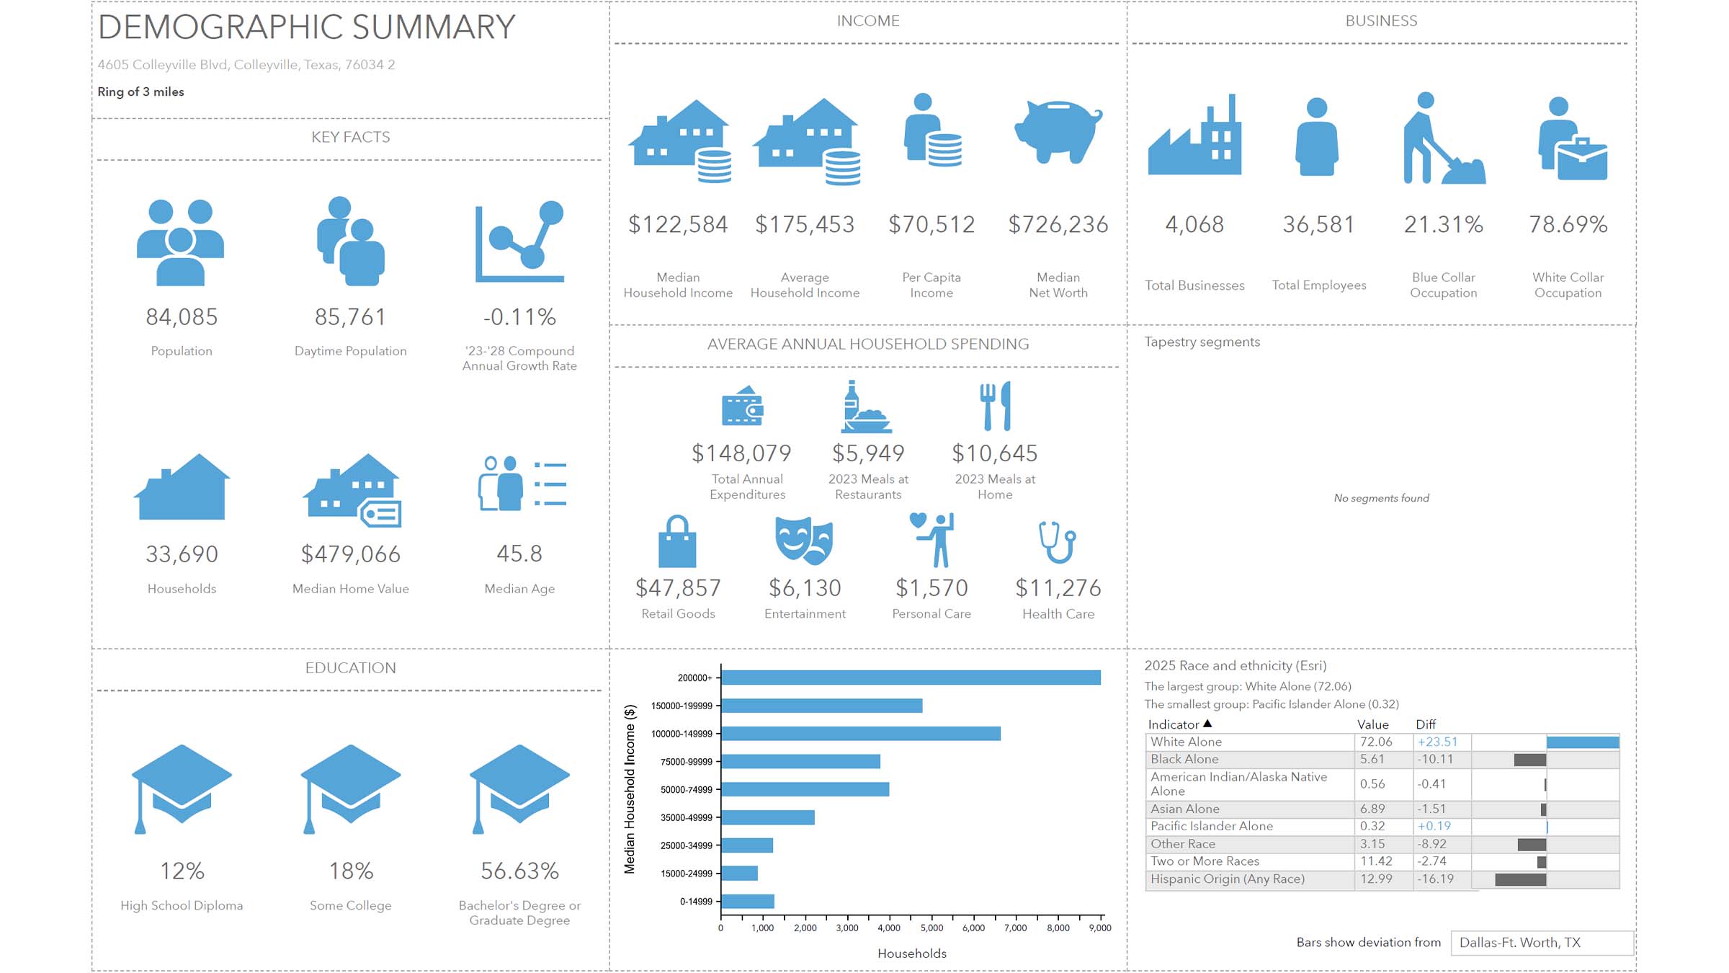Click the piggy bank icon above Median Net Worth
point(1058,133)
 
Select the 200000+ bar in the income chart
point(911,677)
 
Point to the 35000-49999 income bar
point(768,817)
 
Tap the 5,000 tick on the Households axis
point(931,928)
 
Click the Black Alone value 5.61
point(1372,760)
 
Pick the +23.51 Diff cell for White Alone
point(1437,742)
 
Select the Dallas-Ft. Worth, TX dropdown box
point(1542,943)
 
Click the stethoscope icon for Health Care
point(1057,542)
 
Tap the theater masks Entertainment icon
point(804,541)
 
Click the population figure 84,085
point(182,317)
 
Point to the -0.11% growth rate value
point(519,317)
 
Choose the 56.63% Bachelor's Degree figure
point(519,871)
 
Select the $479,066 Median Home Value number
point(351,554)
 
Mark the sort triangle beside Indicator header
point(1207,724)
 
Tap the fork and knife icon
point(995,406)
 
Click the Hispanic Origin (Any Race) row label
point(1228,879)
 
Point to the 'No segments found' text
point(1381,498)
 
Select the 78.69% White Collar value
point(1568,225)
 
